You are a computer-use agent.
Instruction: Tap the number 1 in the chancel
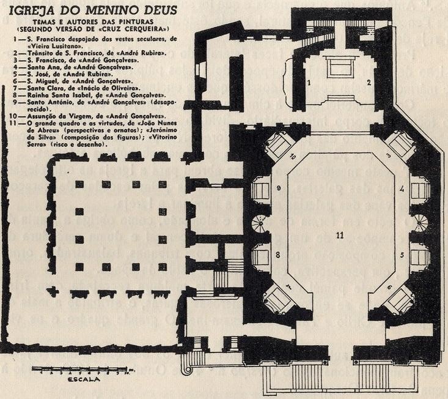coord(309,81)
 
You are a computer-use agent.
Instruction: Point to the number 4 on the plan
coord(402,189)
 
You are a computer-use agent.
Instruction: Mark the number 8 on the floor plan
coord(277,254)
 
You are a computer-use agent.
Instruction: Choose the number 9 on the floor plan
coord(277,188)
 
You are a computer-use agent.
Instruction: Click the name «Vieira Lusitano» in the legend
coord(48,45)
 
